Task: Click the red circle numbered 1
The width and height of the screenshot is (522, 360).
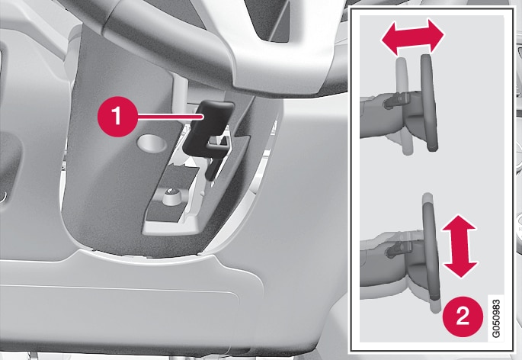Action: [x=117, y=117]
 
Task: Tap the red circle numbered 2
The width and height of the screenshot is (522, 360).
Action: [x=463, y=316]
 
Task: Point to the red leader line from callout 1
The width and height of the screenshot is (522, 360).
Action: [x=170, y=117]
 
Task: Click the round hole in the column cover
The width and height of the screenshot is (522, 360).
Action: [x=151, y=143]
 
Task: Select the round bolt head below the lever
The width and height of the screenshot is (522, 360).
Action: [x=171, y=194]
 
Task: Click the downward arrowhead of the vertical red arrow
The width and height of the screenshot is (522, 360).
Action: [x=460, y=267]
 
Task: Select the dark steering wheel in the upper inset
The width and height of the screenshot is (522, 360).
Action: [x=430, y=103]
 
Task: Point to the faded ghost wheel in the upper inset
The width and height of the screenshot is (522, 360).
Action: [x=404, y=106]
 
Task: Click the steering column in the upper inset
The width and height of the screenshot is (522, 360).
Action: [x=389, y=115]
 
